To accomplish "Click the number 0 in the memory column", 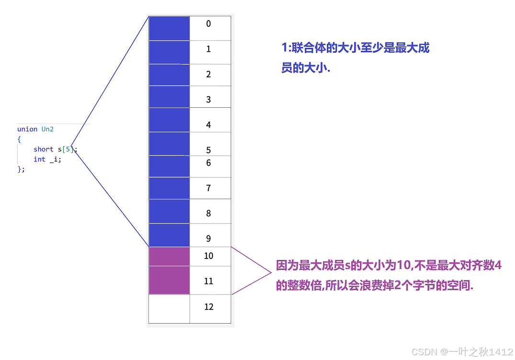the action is (x=208, y=23).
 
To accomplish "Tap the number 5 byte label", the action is (x=208, y=150).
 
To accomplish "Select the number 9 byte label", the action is (x=208, y=238).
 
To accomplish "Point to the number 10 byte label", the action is (x=209, y=256).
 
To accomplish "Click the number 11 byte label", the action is (x=209, y=281).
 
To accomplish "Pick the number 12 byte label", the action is (x=209, y=307).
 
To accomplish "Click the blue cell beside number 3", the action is (x=169, y=97).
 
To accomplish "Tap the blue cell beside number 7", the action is (x=169, y=188).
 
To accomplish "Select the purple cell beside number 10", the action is (x=169, y=257).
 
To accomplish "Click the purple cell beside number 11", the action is (x=169, y=281).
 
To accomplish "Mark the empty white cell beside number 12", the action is (x=169, y=309).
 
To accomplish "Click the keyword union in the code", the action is (x=27, y=129).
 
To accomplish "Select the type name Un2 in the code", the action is (x=47, y=129).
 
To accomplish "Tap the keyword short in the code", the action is (x=44, y=149).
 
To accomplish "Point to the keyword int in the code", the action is (x=39, y=159).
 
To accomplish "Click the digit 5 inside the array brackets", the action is (x=69, y=149).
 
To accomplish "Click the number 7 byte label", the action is (x=208, y=188).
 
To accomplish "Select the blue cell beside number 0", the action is (x=169, y=28).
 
